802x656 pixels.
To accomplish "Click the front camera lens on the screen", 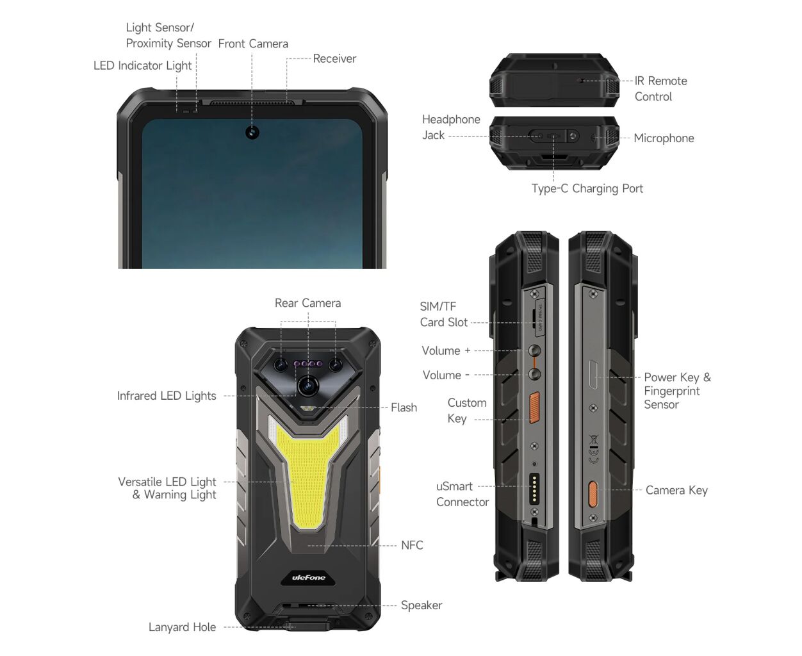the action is [x=252, y=133].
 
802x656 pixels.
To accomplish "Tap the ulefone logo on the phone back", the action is [x=308, y=577].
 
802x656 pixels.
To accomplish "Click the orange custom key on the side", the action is [x=535, y=407].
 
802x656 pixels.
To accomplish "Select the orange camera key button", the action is [x=593, y=494].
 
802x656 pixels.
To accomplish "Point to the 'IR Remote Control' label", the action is [x=660, y=88].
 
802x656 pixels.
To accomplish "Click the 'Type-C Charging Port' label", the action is [x=587, y=188].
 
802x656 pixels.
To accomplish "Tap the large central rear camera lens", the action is [x=308, y=386].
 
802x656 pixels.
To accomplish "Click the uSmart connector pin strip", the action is [x=534, y=488].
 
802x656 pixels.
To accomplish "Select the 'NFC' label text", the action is [x=412, y=545].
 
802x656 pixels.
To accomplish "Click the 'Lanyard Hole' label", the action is [x=182, y=627].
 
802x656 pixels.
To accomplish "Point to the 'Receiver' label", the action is [x=334, y=58].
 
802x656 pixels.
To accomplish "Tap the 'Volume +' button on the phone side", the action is [x=534, y=350].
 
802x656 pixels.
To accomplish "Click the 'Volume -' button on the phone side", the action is [x=535, y=374].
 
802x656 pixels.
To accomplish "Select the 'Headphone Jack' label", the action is [x=450, y=127].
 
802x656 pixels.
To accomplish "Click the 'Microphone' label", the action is [x=664, y=138].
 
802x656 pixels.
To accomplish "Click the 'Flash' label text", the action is [x=404, y=407].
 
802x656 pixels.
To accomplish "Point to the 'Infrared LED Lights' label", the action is [x=166, y=395].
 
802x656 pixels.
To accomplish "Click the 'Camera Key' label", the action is [x=676, y=490].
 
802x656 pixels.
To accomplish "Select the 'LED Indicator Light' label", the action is [x=142, y=65].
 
